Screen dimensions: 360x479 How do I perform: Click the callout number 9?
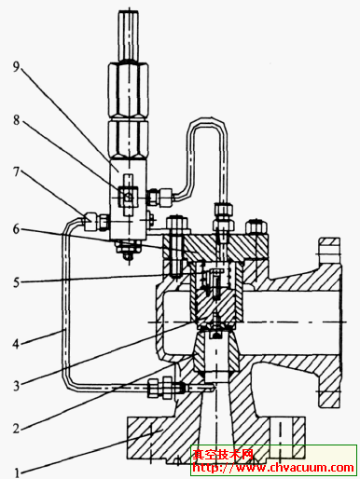tap(17, 66)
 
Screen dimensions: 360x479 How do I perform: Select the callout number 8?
tap(17, 120)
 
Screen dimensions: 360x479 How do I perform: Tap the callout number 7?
tap(17, 171)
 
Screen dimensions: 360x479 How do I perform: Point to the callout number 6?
tap(16, 229)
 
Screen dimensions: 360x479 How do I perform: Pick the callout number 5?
tap(16, 282)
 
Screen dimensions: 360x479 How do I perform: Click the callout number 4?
tap(16, 344)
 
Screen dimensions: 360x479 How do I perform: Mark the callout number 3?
tap(16, 386)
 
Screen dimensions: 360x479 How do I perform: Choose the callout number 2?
tap(16, 429)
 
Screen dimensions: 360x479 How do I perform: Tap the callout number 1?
tap(17, 473)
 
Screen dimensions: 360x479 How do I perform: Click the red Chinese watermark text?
tap(223, 455)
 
